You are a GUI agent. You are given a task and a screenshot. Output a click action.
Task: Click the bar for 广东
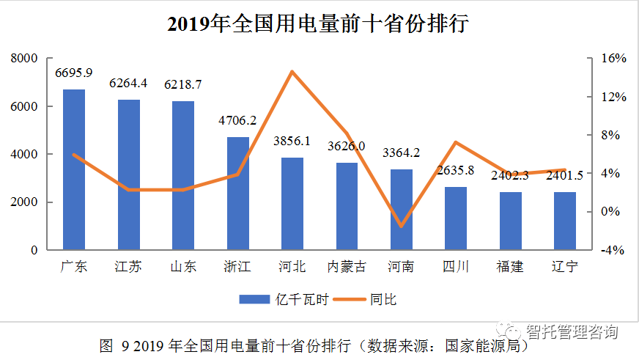pyautogui.click(x=74, y=169)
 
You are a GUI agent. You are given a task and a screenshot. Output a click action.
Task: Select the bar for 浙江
pyautogui.click(x=238, y=194)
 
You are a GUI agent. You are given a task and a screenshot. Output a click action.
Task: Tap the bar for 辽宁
pyautogui.click(x=565, y=221)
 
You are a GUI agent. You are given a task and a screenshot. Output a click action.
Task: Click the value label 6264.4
pyautogui.click(x=128, y=83)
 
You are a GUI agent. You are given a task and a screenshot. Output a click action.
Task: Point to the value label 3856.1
pyautogui.click(x=292, y=141)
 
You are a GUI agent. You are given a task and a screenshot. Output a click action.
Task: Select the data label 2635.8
pyautogui.click(x=456, y=170)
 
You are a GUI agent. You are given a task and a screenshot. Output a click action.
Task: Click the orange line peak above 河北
pyautogui.click(x=292, y=71)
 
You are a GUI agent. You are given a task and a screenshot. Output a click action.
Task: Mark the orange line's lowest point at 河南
pyautogui.click(x=402, y=226)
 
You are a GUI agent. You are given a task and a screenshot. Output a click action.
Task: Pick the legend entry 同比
pyautogui.click(x=370, y=298)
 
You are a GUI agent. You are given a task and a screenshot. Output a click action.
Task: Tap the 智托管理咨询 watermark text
pyautogui.click(x=572, y=331)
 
